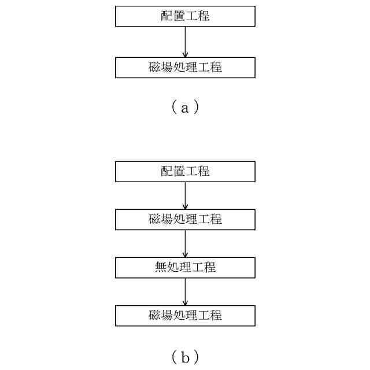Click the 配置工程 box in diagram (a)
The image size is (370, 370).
pos(185,16)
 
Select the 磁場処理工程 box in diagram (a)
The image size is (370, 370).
pos(185,67)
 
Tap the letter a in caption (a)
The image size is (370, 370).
pos(185,108)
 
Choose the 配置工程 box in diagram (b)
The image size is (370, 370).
pos(185,172)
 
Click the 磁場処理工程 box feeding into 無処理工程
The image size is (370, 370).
pos(185,219)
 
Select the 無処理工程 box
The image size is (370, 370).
pos(185,267)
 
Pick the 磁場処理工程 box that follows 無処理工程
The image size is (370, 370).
pos(185,316)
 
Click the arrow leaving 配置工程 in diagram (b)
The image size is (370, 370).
pos(185,195)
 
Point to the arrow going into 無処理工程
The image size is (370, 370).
pos(185,243)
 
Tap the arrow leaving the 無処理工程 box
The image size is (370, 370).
pos(185,291)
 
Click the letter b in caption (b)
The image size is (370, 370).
pos(185,358)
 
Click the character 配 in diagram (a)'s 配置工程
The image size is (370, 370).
pos(166,16)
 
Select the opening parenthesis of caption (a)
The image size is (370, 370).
pos(173,108)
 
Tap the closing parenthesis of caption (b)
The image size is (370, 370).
pos(197,358)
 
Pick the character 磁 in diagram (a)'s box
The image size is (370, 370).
pos(154,67)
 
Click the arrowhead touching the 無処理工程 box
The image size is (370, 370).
pos(185,254)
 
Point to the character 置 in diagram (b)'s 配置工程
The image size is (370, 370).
pos(179,172)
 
